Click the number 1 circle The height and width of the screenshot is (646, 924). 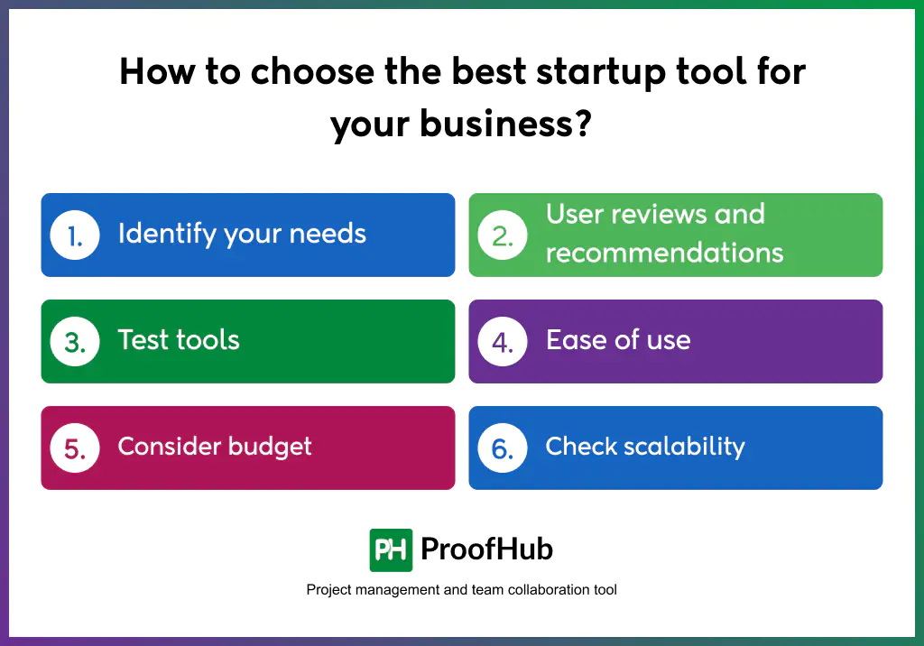(75, 235)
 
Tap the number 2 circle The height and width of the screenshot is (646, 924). (503, 235)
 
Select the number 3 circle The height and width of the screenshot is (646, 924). (75, 341)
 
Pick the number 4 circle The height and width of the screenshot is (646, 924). (503, 341)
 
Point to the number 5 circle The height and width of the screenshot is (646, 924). (75, 448)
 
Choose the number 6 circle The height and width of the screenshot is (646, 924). (503, 448)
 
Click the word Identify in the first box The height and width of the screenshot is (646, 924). (167, 234)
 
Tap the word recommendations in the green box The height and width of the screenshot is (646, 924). (665, 253)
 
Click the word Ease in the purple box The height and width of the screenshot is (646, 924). (576, 339)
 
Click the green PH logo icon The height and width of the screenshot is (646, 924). (391, 550)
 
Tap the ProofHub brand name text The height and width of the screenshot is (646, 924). (486, 549)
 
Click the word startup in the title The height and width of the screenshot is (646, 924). (601, 73)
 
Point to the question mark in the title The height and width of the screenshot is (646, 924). (582, 124)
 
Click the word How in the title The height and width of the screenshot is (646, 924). (157, 71)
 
